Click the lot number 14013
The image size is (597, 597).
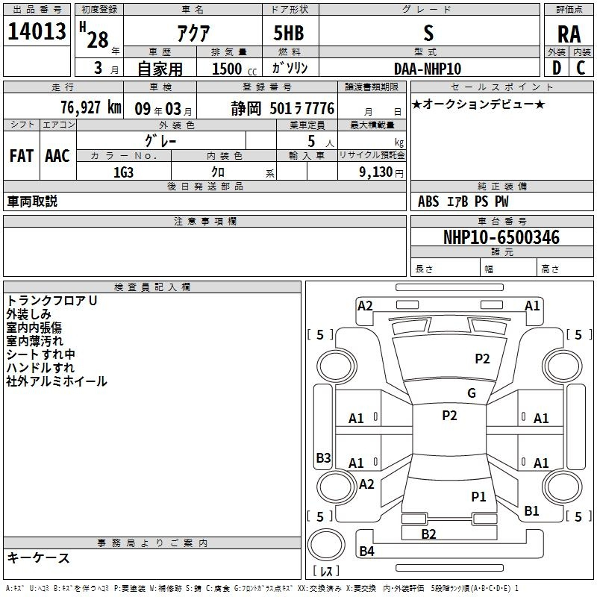tap(37, 31)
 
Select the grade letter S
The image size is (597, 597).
tap(428, 33)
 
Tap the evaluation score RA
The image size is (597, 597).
tap(569, 34)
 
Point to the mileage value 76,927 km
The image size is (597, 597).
tap(90, 107)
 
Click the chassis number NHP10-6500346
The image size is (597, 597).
tap(501, 237)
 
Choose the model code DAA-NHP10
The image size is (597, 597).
tap(428, 69)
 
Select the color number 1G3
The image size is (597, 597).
tap(123, 172)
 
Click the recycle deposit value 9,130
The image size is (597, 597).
tap(375, 172)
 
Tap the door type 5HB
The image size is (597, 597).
tap(289, 33)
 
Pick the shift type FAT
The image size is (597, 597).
tap(22, 156)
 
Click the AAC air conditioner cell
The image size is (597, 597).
tap(57, 156)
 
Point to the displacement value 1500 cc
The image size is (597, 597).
tap(234, 69)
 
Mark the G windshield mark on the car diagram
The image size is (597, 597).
tap(472, 393)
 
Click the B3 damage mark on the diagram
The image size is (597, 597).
tap(324, 457)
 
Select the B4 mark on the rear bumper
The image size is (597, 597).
tap(366, 551)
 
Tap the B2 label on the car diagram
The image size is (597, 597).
tap(428, 534)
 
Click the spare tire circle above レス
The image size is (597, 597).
tap(326, 545)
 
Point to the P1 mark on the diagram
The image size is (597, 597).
tap(478, 496)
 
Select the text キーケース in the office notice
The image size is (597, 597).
tap(39, 558)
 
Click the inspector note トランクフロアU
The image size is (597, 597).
tap(51, 301)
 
